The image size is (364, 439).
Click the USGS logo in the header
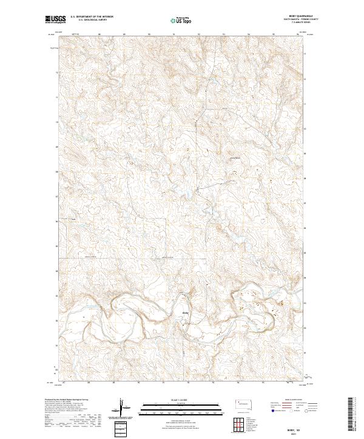pyautogui.click(x=54, y=19)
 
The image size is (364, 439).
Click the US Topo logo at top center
pyautogui.click(x=183, y=20)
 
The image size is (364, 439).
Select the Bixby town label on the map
pyautogui.click(x=186, y=312)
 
